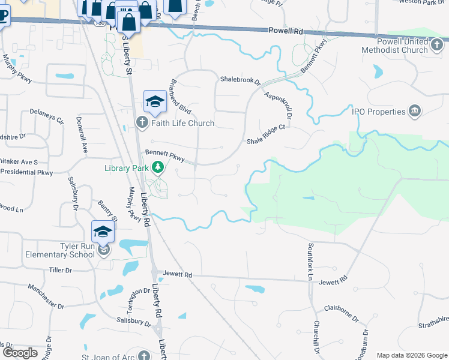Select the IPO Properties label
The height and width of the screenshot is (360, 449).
click(x=378, y=112)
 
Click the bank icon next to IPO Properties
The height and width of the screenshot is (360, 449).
click(x=414, y=111)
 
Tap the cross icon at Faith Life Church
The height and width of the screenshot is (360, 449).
click(x=142, y=124)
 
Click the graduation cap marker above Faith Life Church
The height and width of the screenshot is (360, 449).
click(x=155, y=101)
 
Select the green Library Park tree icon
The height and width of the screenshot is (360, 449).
click(x=157, y=167)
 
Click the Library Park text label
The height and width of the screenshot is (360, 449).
click(x=126, y=168)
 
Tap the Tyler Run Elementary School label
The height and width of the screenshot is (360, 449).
click(x=60, y=250)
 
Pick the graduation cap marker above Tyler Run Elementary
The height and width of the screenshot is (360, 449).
click(x=103, y=231)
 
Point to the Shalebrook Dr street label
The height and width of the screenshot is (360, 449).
click(x=240, y=79)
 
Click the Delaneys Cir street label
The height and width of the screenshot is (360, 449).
click(x=47, y=115)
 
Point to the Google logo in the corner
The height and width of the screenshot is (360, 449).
click(x=20, y=353)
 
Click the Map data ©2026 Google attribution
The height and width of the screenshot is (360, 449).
click(x=411, y=355)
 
